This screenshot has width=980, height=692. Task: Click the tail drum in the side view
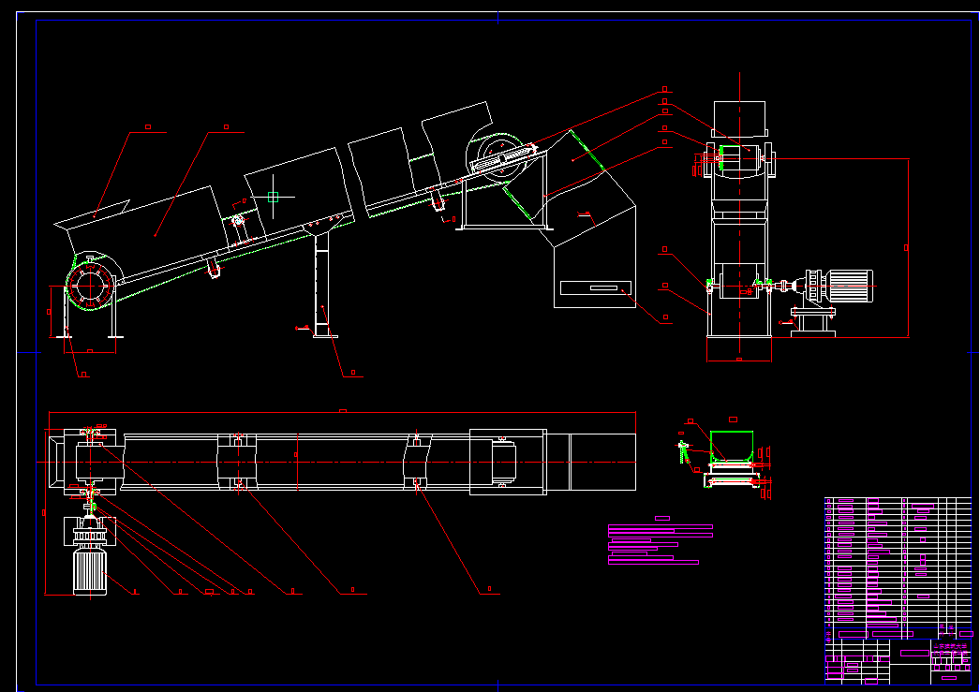pos(90,283)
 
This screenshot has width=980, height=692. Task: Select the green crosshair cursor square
pos(273,197)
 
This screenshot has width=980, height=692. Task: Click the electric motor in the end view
pos(847,287)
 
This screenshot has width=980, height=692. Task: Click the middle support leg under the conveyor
pos(324,286)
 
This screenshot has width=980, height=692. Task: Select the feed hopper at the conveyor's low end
pos(92,217)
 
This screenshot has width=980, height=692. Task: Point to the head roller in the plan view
pos(506,460)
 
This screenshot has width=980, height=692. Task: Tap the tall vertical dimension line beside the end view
pos(908,248)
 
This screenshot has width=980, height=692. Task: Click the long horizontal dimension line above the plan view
pos(342,412)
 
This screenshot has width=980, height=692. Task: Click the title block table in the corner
pos(898,590)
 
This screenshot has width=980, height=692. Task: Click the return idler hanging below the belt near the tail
pos(215,270)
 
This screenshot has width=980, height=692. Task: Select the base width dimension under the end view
pos(739,359)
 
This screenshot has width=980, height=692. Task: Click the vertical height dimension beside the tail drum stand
pos(50,313)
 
